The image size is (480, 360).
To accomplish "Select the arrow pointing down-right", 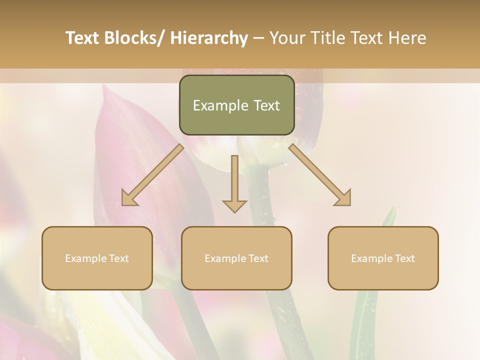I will pyautogui.click(x=320, y=174).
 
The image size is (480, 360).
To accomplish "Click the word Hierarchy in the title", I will pyautogui.click(x=209, y=38).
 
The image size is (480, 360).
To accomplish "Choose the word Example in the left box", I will pyautogui.click(x=86, y=258).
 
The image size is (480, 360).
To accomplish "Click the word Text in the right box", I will pyautogui.click(x=404, y=258).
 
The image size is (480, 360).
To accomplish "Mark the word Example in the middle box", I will pyautogui.click(x=225, y=258).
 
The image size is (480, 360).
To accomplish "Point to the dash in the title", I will pyautogui.click(x=258, y=38).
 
